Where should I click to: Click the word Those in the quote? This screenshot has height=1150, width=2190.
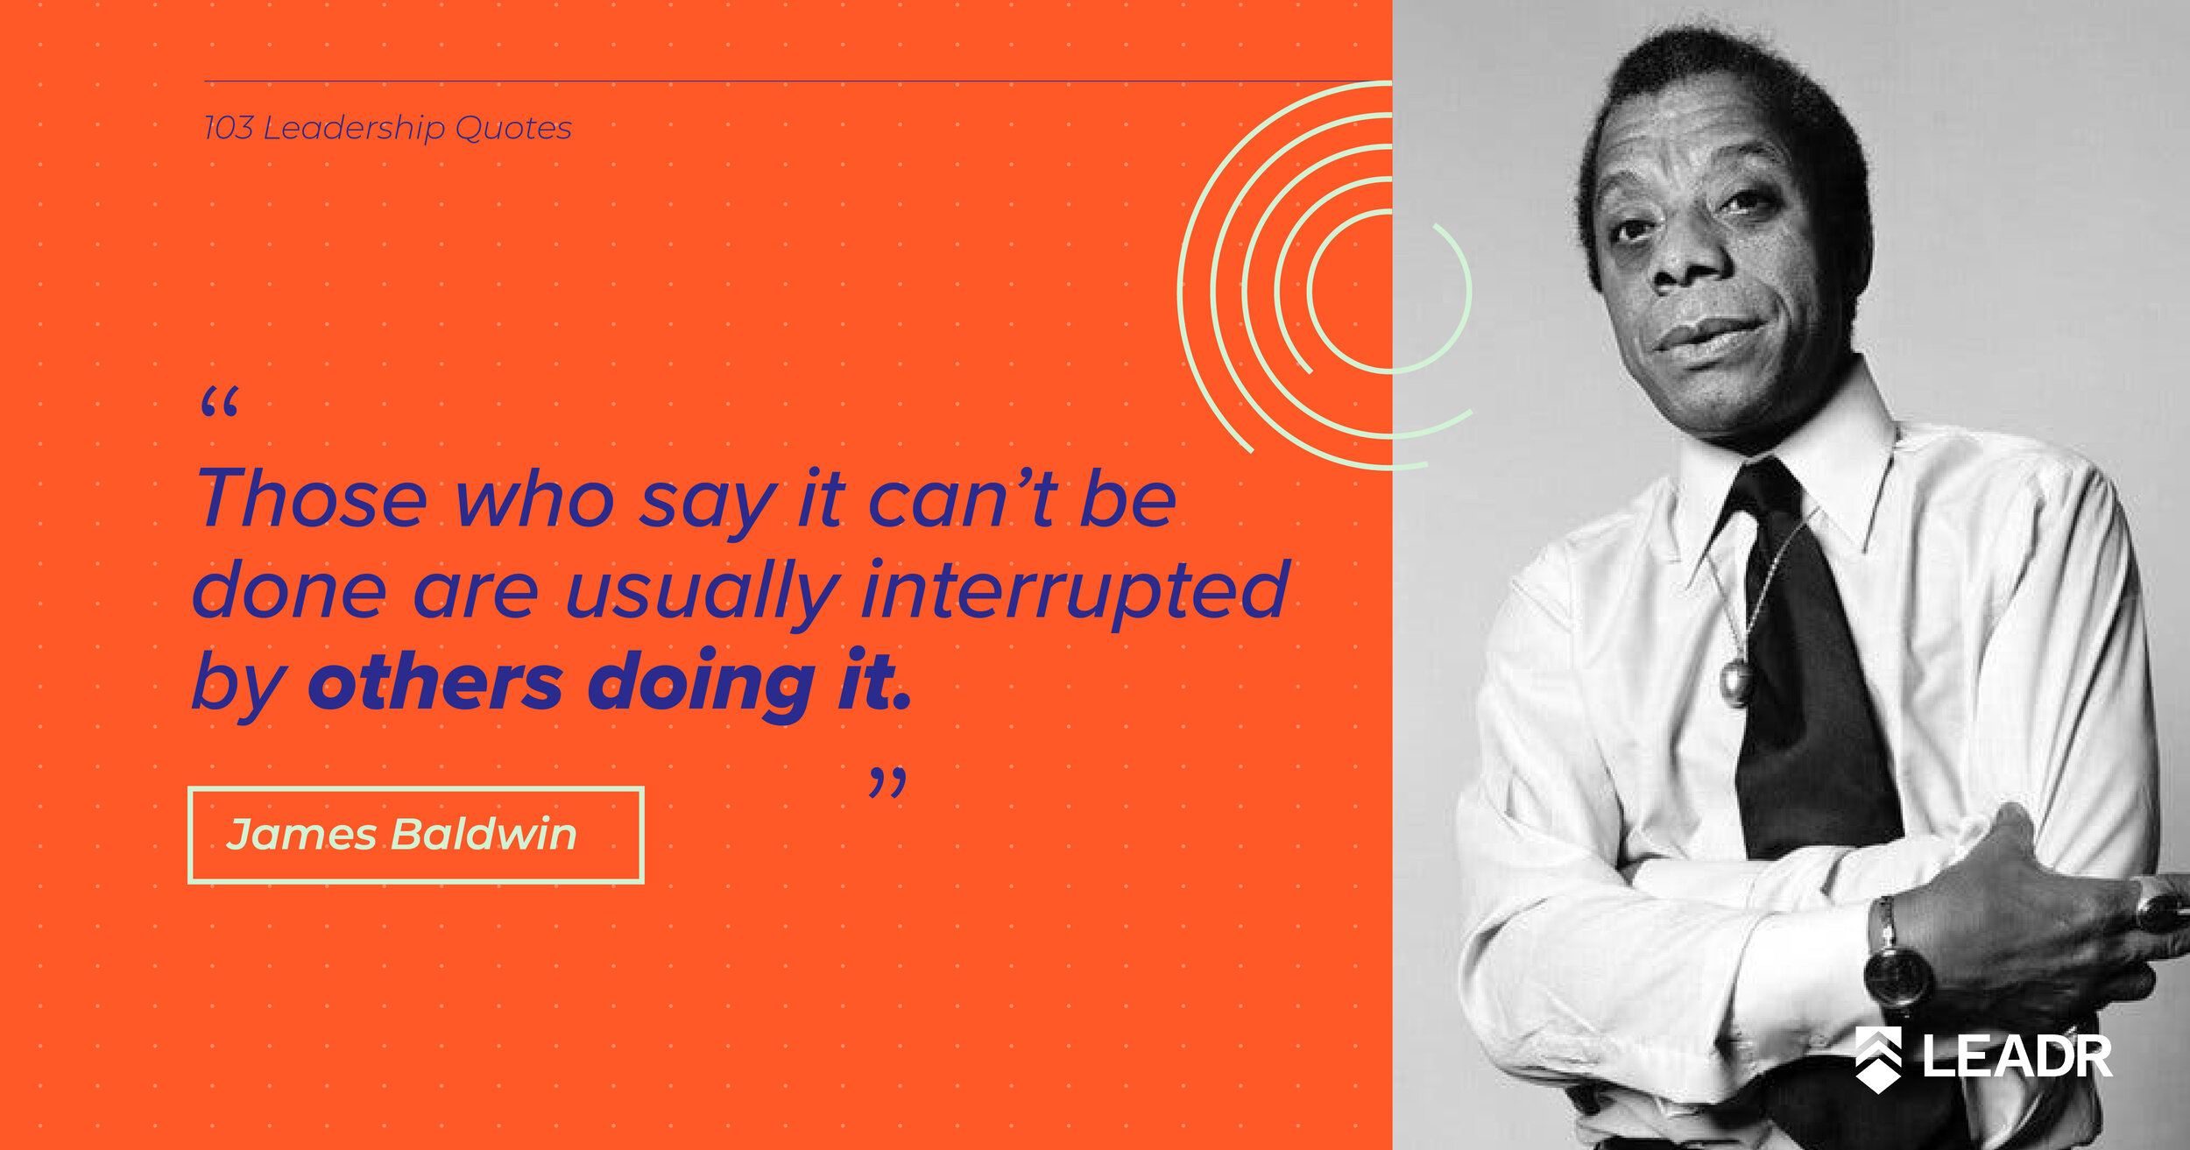click(312, 497)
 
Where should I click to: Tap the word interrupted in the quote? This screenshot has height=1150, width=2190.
click(1076, 591)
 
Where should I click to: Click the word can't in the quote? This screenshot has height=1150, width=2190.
click(962, 497)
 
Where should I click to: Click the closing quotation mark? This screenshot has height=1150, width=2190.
click(887, 782)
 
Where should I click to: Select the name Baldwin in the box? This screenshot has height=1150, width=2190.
click(484, 833)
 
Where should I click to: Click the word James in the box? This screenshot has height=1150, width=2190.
click(301, 835)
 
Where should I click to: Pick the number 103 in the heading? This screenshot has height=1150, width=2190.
click(229, 128)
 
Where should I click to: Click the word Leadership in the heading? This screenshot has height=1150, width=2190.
click(354, 129)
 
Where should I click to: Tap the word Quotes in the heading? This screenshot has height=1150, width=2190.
click(513, 129)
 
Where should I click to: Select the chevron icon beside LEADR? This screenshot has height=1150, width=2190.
click(1879, 1060)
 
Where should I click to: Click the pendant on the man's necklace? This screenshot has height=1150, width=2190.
click(1736, 681)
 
